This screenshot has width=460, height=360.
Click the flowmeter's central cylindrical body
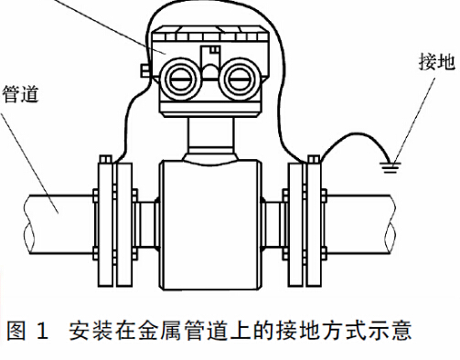(210, 219)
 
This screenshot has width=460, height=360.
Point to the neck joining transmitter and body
(211, 134)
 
